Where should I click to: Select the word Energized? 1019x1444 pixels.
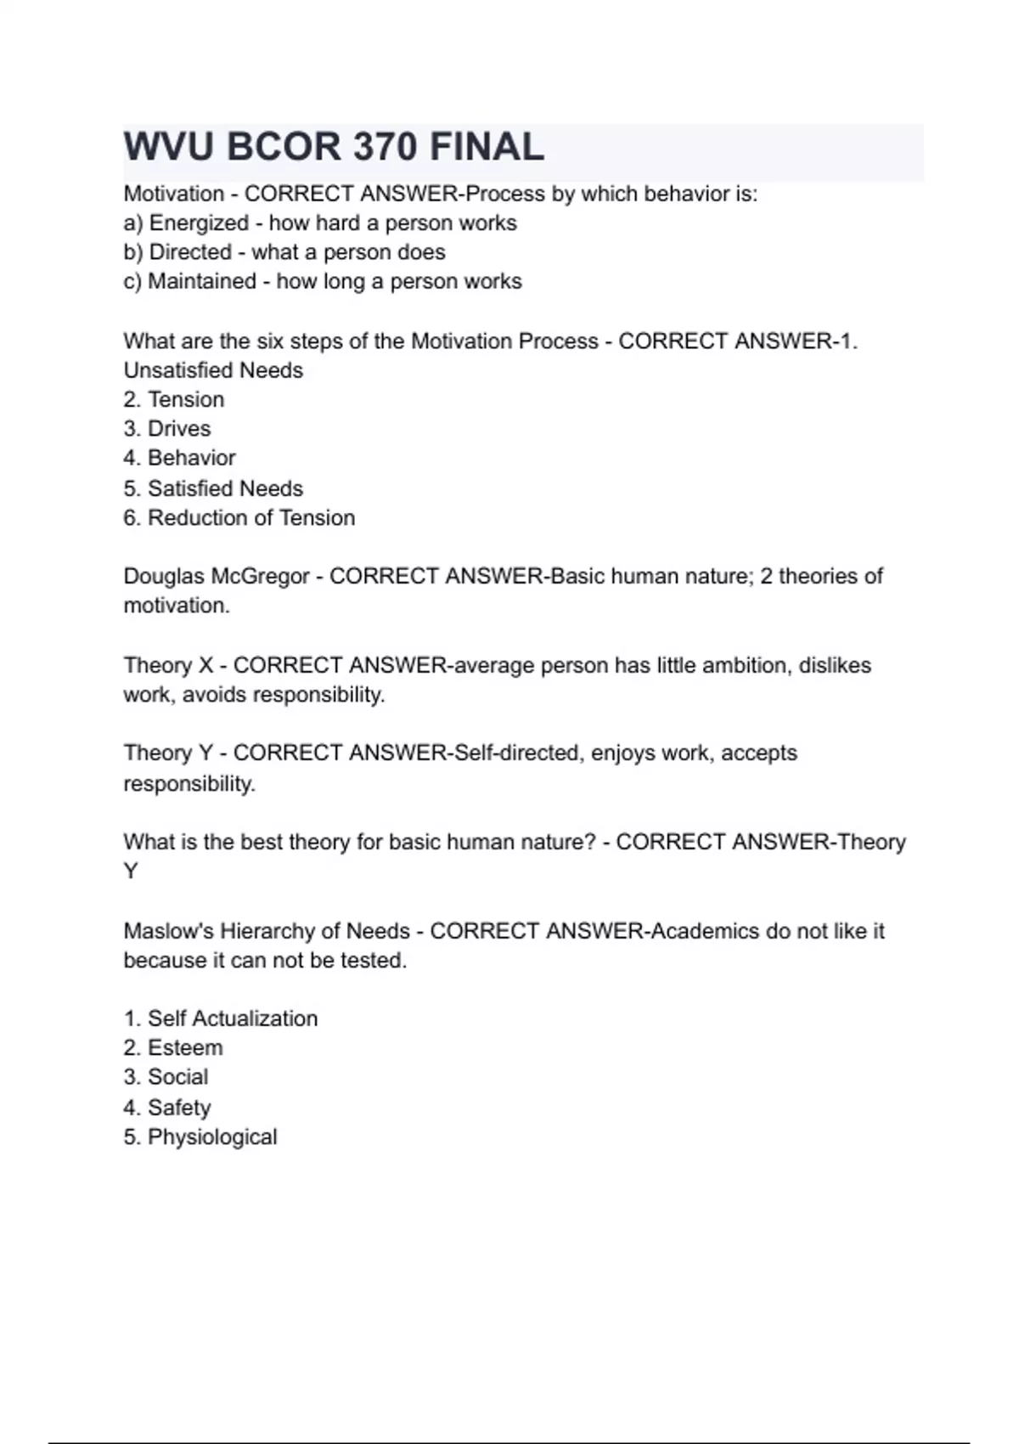click(199, 223)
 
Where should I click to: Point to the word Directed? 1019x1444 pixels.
click(190, 252)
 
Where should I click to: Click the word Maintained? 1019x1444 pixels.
click(202, 281)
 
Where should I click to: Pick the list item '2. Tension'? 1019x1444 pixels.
click(174, 399)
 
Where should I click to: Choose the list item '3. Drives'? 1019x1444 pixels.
click(167, 429)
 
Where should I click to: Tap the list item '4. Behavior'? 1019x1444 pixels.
click(179, 458)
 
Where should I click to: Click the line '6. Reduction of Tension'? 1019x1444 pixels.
click(239, 517)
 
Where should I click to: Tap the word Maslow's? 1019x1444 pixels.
click(169, 931)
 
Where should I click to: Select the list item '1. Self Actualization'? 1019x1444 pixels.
click(221, 1018)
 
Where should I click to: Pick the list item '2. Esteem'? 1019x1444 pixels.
click(173, 1048)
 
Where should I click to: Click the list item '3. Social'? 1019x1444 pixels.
click(166, 1077)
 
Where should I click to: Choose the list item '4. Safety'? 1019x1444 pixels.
click(167, 1108)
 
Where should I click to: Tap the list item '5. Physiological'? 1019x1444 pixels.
click(200, 1137)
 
